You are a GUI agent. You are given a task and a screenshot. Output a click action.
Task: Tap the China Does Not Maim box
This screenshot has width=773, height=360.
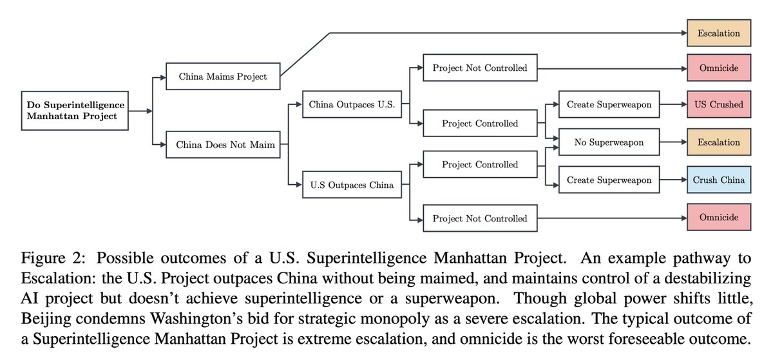click(x=225, y=145)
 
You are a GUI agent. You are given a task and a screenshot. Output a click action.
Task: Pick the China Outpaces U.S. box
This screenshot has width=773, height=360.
click(x=352, y=104)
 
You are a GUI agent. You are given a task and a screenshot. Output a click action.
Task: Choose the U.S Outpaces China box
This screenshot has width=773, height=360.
click(x=352, y=186)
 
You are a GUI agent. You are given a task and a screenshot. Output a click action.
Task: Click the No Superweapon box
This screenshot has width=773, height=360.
click(x=609, y=142)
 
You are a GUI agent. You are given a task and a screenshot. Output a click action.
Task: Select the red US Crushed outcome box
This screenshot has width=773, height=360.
click(x=718, y=104)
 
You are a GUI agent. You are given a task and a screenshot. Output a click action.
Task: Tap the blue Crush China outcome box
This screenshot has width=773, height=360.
click(x=718, y=180)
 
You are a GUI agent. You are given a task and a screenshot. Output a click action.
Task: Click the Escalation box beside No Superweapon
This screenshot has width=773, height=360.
click(x=718, y=142)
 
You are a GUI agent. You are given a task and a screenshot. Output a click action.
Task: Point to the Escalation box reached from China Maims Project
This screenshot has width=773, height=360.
click(x=718, y=33)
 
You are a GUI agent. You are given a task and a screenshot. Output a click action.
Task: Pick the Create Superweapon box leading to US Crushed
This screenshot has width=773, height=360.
click(x=609, y=104)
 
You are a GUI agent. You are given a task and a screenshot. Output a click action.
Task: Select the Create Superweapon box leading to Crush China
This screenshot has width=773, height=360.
click(x=609, y=180)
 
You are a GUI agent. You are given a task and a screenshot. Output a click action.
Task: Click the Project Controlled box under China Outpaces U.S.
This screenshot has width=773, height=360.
click(x=479, y=123)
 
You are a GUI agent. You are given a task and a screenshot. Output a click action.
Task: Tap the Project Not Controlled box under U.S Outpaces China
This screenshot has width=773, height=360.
click(x=479, y=218)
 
